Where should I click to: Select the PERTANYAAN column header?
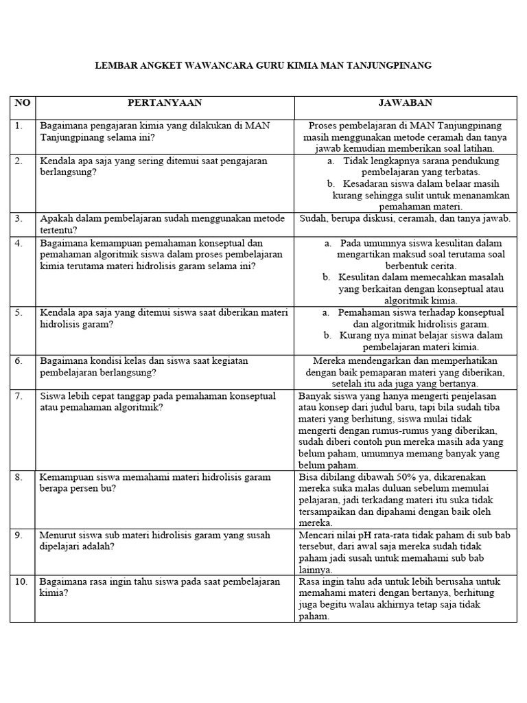tap(165, 103)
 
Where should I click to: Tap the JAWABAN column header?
tap(406, 103)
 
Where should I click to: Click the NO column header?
tap(22, 103)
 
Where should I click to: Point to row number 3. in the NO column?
tap(19, 219)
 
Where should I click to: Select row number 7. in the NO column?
tap(19, 396)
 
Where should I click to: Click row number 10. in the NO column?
tap(21, 581)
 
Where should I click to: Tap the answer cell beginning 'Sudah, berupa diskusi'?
tap(406, 219)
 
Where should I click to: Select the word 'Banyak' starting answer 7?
tap(315, 396)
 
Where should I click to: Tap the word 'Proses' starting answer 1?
tap(324, 126)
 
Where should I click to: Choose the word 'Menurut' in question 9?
tap(58, 535)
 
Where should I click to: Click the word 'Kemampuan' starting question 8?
tap(66, 477)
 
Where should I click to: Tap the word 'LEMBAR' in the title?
tap(113, 66)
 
